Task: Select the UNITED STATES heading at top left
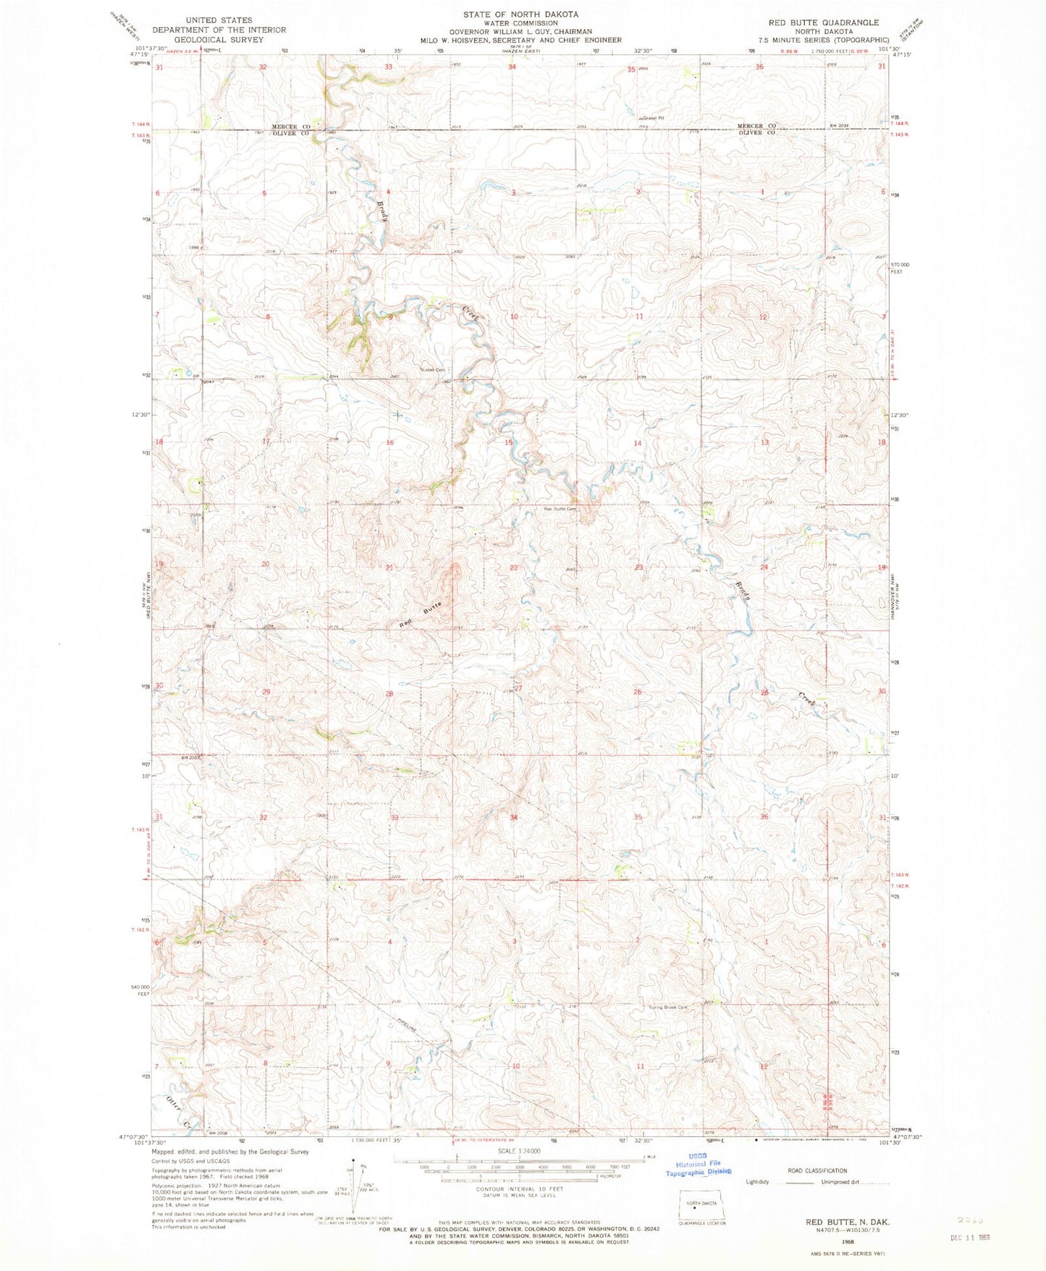click(219, 20)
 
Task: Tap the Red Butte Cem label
click(560, 508)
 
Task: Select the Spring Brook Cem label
click(666, 1007)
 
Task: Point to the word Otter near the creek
click(173, 1104)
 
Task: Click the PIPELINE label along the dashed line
click(408, 1026)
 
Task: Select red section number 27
click(518, 688)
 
